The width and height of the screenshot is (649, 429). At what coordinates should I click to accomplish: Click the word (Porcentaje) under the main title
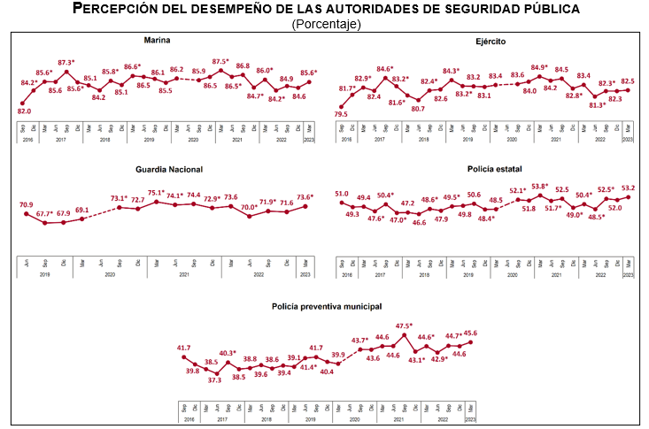[x=325, y=24]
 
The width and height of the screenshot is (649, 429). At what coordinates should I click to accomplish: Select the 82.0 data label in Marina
[x=24, y=111]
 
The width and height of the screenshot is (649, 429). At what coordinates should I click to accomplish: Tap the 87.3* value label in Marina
[x=67, y=63]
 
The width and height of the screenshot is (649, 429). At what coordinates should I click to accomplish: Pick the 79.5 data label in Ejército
[x=341, y=114]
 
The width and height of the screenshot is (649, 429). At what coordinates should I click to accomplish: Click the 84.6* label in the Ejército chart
[x=385, y=69]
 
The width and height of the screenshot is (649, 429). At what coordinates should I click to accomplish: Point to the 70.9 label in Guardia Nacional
[x=27, y=204]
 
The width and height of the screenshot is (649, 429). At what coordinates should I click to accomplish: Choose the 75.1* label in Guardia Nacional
[x=157, y=194]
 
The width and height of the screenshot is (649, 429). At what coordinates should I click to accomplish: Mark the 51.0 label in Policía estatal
[x=341, y=194]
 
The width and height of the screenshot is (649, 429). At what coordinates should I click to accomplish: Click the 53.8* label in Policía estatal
[x=540, y=187]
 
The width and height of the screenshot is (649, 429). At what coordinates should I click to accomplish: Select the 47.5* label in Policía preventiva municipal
[x=405, y=326]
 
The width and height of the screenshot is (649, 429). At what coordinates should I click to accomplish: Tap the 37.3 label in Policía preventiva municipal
[x=217, y=379]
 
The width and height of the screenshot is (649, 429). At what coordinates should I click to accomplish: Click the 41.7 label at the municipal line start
[x=184, y=348]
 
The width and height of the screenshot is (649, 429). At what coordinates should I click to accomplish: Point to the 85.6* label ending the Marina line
[x=308, y=73]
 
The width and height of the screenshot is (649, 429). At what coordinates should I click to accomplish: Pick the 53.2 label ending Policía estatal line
[x=628, y=188]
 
